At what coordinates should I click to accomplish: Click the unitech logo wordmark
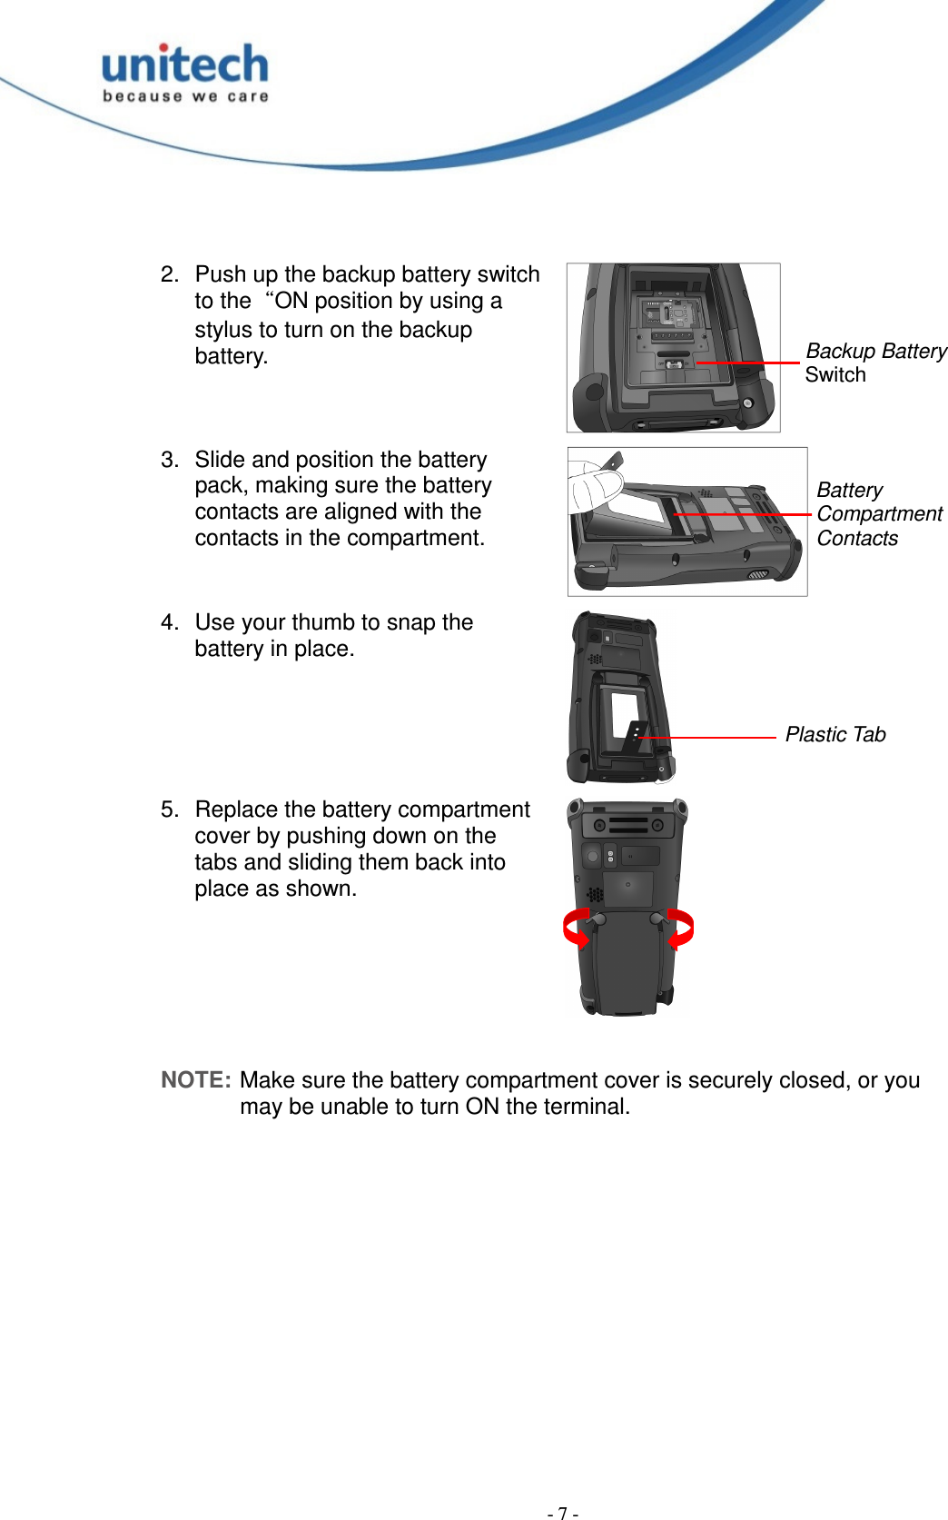pyautogui.click(x=185, y=65)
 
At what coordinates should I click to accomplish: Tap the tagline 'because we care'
pyautogui.click(x=185, y=96)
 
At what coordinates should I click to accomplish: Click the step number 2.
pyautogui.click(x=169, y=274)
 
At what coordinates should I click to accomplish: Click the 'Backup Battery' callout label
pyautogui.click(x=875, y=352)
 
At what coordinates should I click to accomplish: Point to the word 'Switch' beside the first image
pyautogui.click(x=835, y=375)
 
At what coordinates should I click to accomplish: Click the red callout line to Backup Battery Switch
pyautogui.click(x=748, y=363)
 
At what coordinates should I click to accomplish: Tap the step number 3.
pyautogui.click(x=169, y=460)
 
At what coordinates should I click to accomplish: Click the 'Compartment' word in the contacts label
pyautogui.click(x=879, y=514)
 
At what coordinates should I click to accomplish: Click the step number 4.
pyautogui.click(x=169, y=622)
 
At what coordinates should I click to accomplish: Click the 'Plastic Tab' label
pyautogui.click(x=834, y=735)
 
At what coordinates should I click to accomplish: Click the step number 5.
pyautogui.click(x=169, y=810)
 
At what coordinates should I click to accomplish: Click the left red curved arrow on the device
pyautogui.click(x=576, y=929)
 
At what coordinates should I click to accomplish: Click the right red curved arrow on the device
pyautogui.click(x=681, y=929)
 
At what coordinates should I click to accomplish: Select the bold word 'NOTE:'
pyautogui.click(x=196, y=1080)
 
